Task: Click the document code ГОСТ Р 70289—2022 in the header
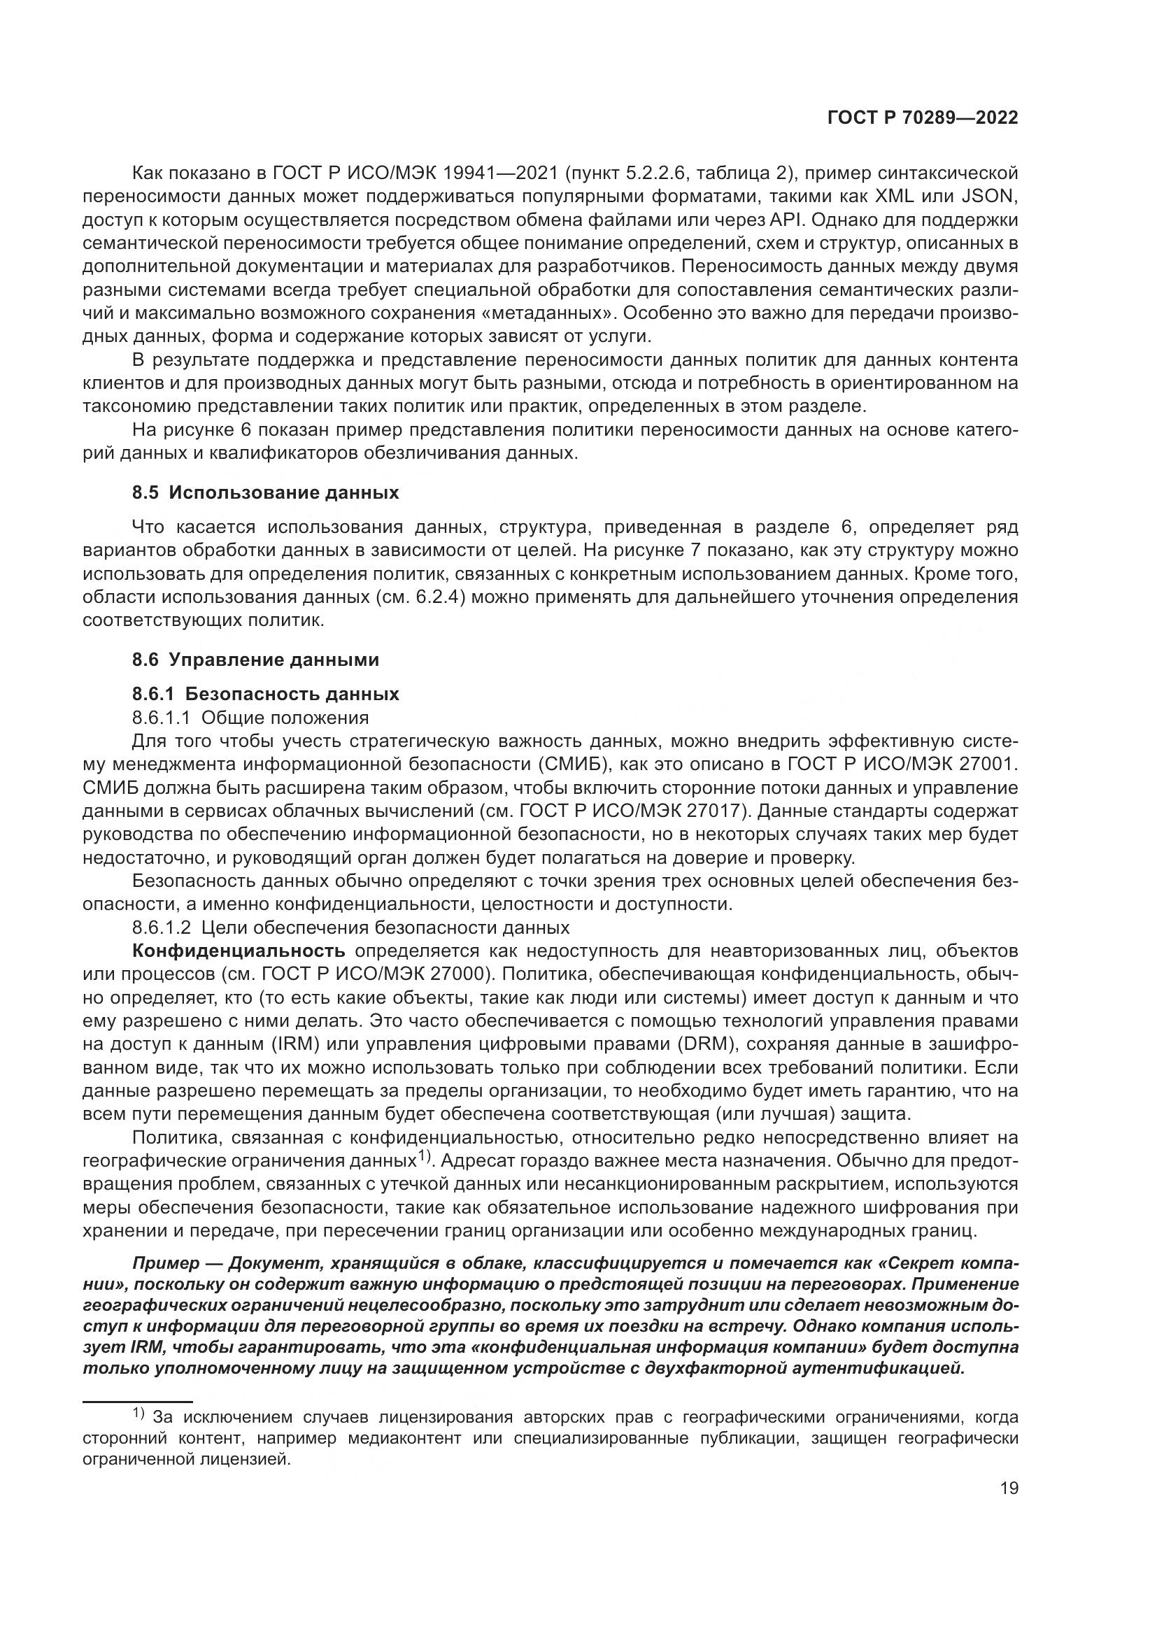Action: tap(923, 118)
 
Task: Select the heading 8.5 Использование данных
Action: tap(265, 492)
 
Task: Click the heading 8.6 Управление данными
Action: tap(255, 659)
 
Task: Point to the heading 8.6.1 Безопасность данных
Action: tap(265, 694)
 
